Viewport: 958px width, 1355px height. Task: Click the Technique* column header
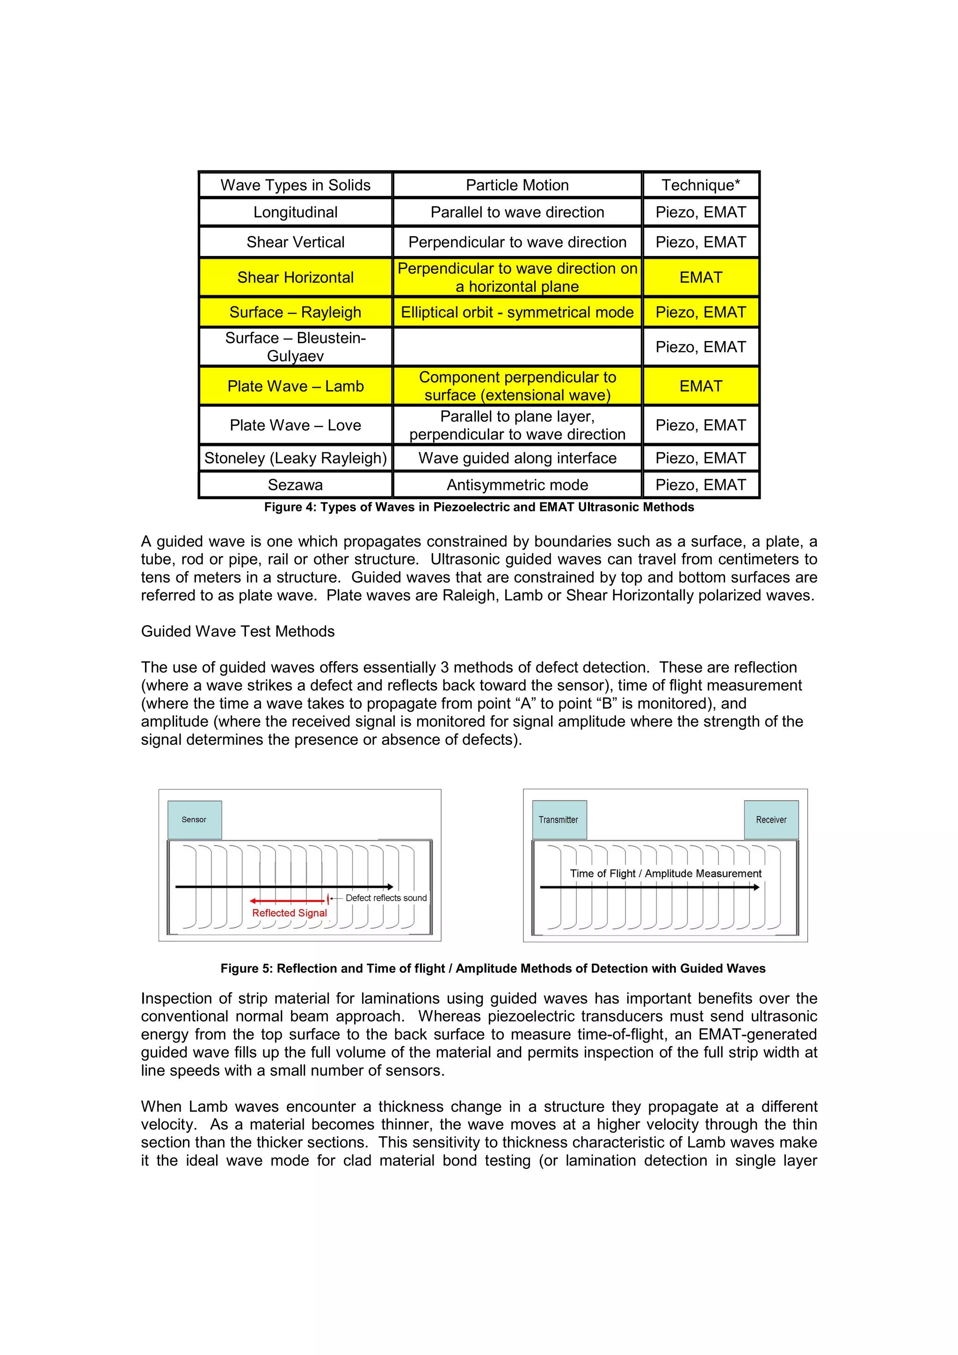(700, 185)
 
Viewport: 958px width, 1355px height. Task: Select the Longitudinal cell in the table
(296, 212)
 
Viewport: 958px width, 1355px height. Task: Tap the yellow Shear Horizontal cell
(296, 277)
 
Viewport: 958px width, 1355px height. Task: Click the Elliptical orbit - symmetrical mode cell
(517, 312)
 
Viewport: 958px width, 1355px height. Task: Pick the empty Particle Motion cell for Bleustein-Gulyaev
(517, 347)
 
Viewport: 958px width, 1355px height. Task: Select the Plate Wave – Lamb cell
(296, 386)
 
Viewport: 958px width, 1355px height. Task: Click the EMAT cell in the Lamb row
(700, 386)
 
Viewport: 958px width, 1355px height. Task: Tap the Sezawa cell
(296, 485)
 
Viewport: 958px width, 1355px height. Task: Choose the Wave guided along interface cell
(517, 458)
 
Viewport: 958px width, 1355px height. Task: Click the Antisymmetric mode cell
(517, 485)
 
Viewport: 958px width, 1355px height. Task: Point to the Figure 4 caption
(479, 507)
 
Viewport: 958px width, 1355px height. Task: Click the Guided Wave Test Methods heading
(238, 632)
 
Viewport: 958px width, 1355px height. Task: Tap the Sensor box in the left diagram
(195, 820)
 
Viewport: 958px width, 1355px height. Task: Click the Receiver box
(770, 820)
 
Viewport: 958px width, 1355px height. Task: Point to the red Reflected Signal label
(289, 913)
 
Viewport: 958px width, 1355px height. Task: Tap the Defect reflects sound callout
(386, 897)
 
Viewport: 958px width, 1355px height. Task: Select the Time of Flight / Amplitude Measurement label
(666, 874)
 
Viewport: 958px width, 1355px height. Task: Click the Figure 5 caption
(493, 969)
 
